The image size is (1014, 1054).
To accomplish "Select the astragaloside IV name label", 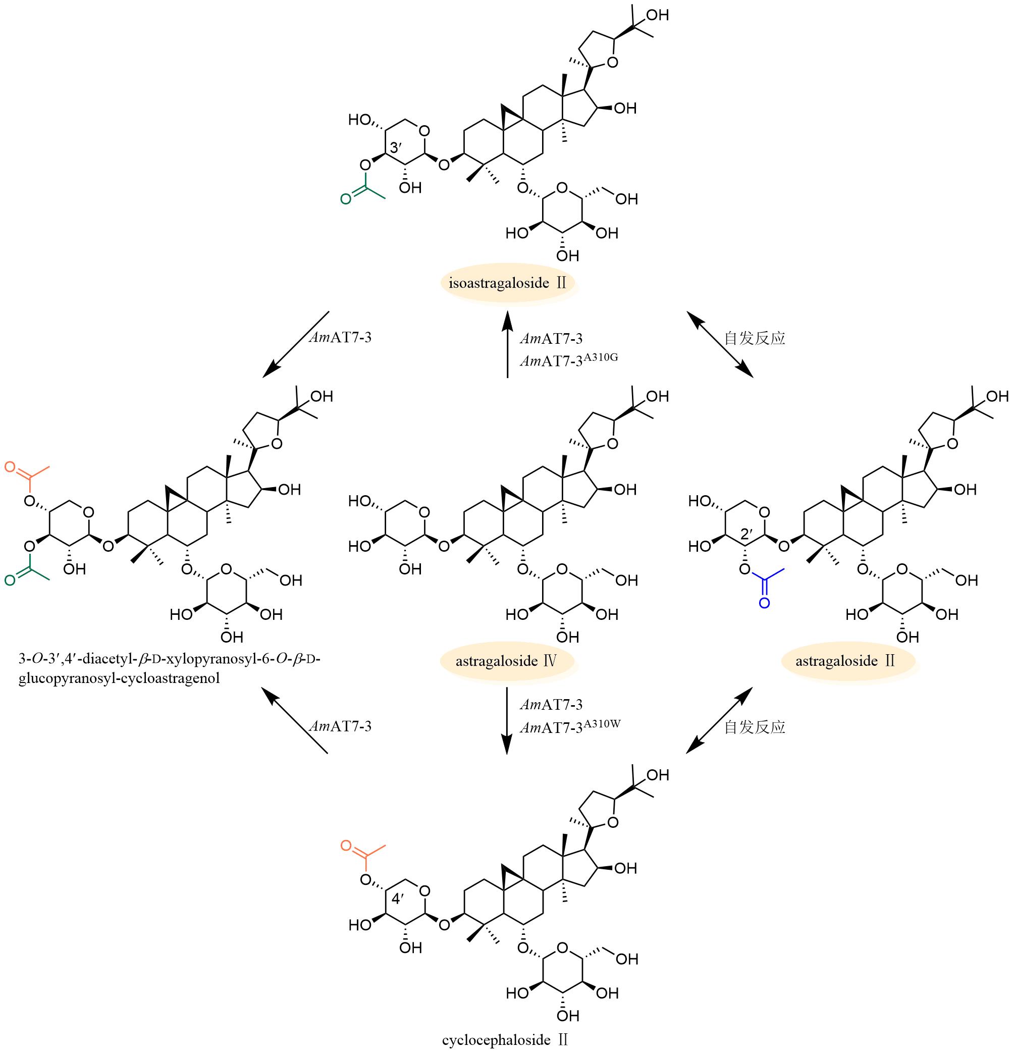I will [506, 660].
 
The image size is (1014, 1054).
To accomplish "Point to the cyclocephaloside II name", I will [505, 1039].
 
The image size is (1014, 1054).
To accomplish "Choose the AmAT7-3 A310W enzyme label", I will [570, 726].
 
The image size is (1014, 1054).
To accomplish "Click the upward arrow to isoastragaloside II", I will [506, 344].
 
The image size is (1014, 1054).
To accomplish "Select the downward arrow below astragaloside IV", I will [506, 721].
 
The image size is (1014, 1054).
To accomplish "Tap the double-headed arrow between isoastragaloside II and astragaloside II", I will [720, 344].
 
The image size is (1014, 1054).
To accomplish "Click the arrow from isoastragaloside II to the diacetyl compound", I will [296, 344].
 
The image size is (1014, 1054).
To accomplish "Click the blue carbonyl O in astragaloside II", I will [764, 602].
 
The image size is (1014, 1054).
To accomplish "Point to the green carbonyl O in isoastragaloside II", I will [346, 199].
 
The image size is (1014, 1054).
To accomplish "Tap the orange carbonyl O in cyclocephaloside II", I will [346, 846].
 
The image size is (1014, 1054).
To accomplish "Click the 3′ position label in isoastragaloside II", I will [396, 147].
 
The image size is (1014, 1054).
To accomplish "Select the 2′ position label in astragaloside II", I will [747, 534].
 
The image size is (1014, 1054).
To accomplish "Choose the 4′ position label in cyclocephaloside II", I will [397, 899].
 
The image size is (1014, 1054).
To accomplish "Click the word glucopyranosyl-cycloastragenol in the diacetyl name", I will [119, 678].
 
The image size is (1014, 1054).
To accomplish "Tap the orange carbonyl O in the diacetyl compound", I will [10, 466].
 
